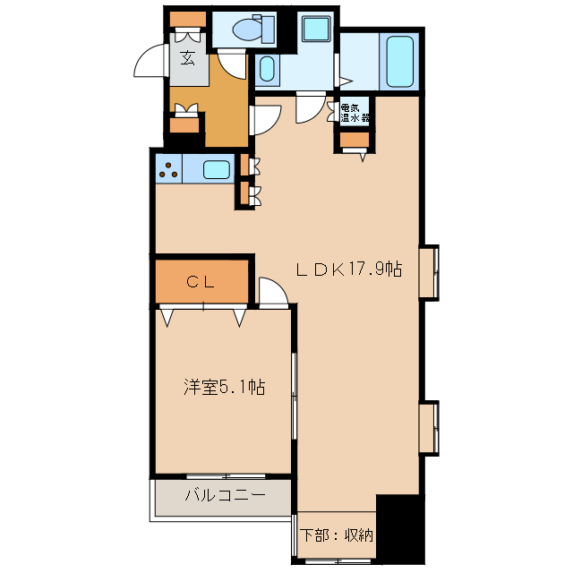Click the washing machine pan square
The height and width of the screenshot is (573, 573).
[315, 29]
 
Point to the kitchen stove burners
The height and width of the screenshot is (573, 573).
[168, 167]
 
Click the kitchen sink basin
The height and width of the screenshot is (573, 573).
[215, 168]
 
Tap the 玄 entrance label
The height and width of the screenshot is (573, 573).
[188, 59]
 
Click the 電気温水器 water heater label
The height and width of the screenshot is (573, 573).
[355, 112]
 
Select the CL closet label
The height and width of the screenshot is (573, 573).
[200, 281]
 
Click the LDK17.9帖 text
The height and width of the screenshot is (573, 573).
[349, 269]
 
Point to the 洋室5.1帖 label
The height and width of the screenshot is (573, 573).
[224, 387]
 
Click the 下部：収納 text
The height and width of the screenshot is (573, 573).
[336, 535]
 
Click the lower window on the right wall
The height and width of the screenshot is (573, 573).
[431, 428]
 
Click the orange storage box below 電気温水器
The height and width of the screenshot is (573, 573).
[355, 139]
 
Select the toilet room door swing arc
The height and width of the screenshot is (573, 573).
[232, 63]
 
